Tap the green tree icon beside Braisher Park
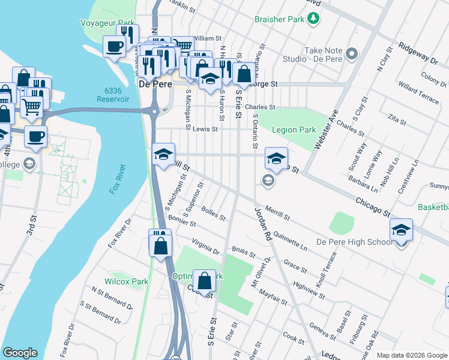tap(313, 19)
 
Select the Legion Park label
tap(294, 130)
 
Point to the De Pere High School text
tap(355, 242)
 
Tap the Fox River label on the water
tap(116, 179)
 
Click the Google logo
tap(20, 353)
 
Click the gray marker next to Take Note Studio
tap(352, 54)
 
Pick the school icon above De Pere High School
tap(401, 230)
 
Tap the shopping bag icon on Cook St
tap(204, 281)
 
